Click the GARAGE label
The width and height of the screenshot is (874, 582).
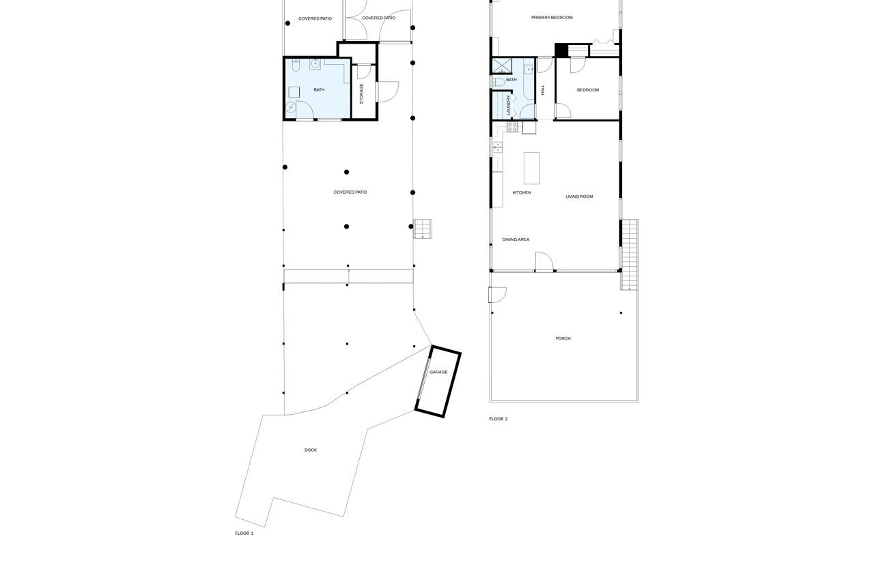click(x=438, y=373)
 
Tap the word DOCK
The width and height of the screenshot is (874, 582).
click(x=311, y=450)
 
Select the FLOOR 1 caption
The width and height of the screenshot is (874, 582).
click(x=244, y=534)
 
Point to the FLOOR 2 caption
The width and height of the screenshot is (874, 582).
click(x=498, y=419)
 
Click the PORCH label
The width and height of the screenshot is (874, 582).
click(x=563, y=338)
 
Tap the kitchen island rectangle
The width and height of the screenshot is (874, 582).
click(x=532, y=168)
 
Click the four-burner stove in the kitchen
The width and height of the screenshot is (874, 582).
click(x=513, y=127)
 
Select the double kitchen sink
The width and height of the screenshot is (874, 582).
click(x=498, y=147)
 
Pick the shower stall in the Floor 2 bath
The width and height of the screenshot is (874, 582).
click(x=502, y=66)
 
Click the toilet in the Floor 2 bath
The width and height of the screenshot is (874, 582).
click(x=498, y=83)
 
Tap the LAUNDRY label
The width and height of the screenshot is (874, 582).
click(x=509, y=104)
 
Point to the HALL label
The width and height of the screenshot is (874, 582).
click(x=544, y=89)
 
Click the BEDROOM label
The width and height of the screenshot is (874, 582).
click(x=587, y=90)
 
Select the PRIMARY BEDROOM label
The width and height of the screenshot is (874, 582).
click(x=552, y=18)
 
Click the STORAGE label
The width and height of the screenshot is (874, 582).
click(x=362, y=93)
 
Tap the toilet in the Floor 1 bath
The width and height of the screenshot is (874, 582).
click(x=296, y=66)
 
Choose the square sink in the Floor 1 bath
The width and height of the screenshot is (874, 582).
click(x=315, y=64)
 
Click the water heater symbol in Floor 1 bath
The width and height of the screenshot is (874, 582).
click(x=291, y=107)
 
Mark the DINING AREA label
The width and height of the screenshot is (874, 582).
click(x=516, y=240)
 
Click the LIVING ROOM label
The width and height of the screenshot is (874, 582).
click(x=579, y=197)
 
